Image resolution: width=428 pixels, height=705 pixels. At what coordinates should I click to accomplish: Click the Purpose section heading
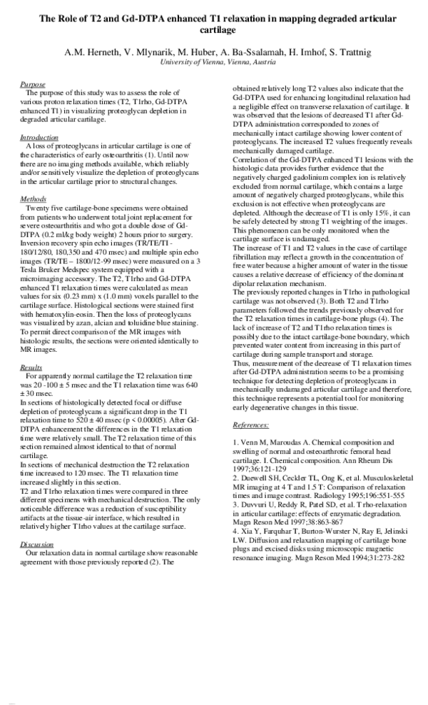pos(32,84)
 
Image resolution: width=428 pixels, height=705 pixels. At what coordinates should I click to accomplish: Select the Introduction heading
pos(39,137)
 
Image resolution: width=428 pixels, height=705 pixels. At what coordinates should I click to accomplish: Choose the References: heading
pos(251,425)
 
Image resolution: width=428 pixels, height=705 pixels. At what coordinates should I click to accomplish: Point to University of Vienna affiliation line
pos(213,63)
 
